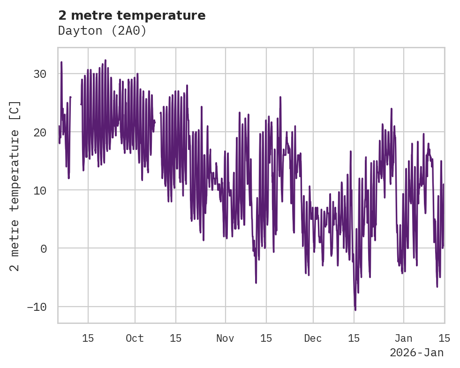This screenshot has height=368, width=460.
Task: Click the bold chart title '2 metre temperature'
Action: (x=132, y=15)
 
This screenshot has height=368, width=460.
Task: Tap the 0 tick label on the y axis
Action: (x=44, y=249)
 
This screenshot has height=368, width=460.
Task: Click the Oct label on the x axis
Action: (x=135, y=338)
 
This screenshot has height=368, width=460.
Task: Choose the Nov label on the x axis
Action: (x=225, y=338)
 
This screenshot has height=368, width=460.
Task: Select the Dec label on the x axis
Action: (x=313, y=338)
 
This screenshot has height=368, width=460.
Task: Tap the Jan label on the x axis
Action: (x=404, y=338)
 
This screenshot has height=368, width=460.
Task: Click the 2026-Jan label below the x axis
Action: (x=416, y=353)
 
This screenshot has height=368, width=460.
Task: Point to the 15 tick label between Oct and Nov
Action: (x=175, y=338)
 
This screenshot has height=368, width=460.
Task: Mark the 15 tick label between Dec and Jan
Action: (x=354, y=338)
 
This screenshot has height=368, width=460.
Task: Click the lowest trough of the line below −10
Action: (x=355, y=309)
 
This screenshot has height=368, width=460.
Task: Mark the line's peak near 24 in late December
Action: (x=392, y=109)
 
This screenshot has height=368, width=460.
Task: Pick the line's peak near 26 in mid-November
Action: (x=280, y=97)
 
